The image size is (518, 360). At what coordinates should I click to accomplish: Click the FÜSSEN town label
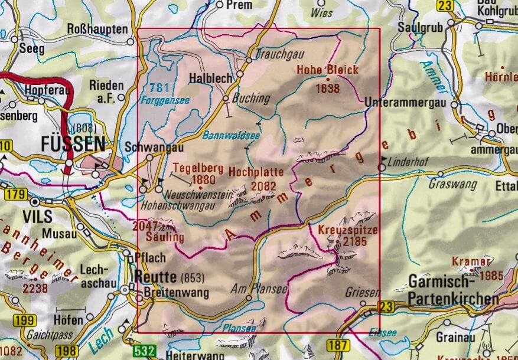click(x=73, y=143)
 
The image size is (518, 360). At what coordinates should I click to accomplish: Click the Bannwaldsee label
click(x=222, y=135)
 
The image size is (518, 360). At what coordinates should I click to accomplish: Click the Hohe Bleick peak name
click(x=327, y=70)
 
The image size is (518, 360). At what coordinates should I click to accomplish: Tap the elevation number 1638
click(x=328, y=89)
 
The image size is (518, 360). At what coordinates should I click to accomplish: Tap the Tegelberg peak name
click(x=194, y=167)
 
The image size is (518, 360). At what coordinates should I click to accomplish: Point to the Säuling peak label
click(x=165, y=237)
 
